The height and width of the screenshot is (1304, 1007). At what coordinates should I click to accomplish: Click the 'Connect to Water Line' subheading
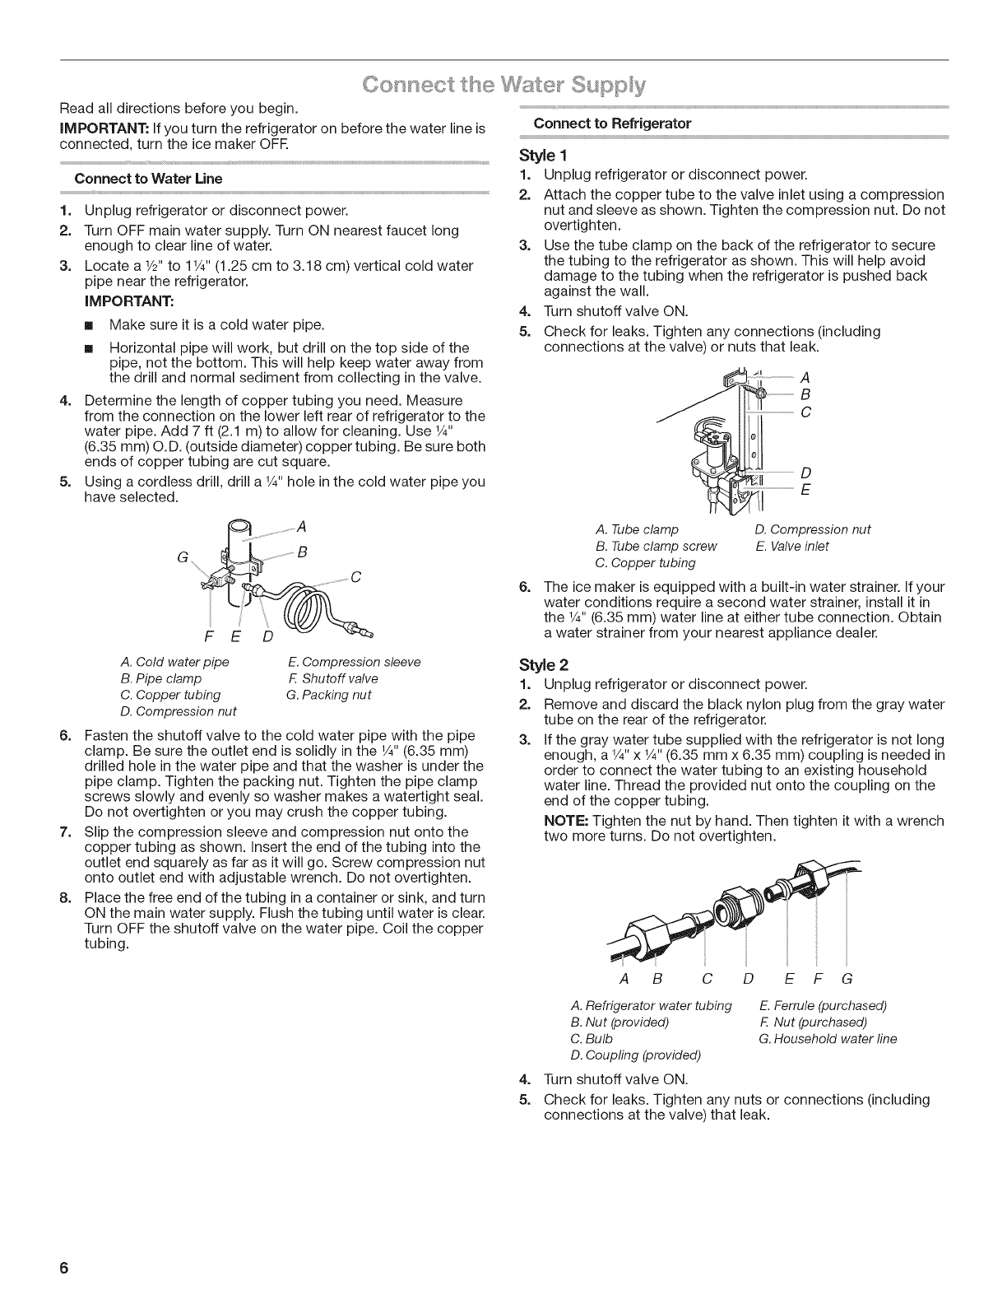148,179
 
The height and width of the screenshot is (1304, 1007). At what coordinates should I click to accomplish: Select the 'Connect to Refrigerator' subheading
611,123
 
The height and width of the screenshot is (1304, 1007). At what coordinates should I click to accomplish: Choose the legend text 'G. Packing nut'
329,695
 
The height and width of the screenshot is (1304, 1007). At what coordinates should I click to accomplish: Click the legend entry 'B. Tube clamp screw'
656,546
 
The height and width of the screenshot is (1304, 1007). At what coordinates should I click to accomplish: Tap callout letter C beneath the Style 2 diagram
706,979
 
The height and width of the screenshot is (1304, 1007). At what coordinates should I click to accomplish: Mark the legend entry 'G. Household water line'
828,1039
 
